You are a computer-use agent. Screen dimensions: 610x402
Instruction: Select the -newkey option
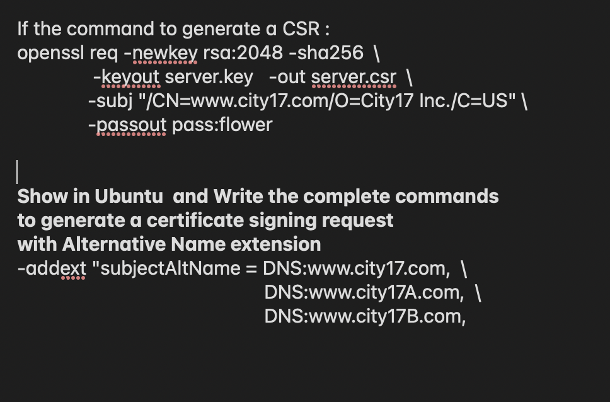pyautogui.click(x=161, y=53)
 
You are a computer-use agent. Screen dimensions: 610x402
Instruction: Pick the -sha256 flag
pyautogui.click(x=326, y=53)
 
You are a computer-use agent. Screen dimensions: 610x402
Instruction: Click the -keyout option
pyautogui.click(x=126, y=77)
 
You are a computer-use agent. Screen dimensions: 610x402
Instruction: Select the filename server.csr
pyautogui.click(x=354, y=77)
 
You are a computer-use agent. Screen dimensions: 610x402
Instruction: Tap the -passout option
pyautogui.click(x=127, y=125)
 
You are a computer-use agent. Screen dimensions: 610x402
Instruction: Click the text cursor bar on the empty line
pyautogui.click(x=17, y=171)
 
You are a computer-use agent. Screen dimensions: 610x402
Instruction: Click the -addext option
pyautogui.click(x=52, y=268)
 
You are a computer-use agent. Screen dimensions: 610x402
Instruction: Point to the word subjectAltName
pyautogui.click(x=170, y=268)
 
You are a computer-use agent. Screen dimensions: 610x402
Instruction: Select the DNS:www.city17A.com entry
pyautogui.click(x=364, y=292)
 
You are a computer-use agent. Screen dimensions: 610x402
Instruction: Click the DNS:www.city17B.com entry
pyautogui.click(x=364, y=316)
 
